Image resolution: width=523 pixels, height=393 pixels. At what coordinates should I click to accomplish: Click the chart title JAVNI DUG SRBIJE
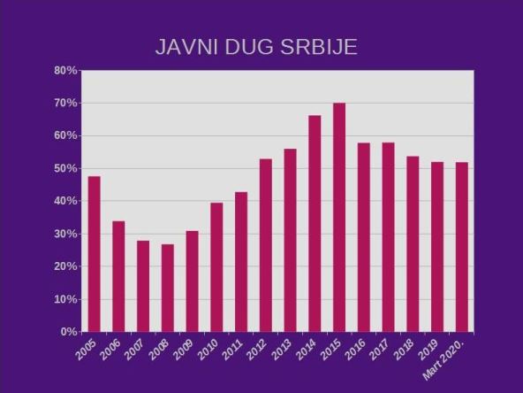point(256,47)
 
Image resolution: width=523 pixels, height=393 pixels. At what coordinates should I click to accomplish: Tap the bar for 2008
point(167,288)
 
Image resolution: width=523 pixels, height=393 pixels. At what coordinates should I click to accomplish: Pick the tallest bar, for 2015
point(339,217)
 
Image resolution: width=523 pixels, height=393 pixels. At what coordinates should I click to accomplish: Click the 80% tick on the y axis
point(65,71)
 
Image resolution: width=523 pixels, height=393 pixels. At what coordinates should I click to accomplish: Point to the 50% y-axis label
point(65,168)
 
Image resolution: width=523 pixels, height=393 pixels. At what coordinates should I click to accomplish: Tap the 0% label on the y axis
point(69,332)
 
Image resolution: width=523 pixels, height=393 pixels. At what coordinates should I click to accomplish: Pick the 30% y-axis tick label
point(65,234)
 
